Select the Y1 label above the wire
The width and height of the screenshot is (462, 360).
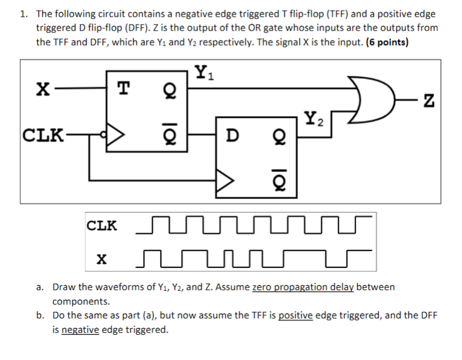point(204,73)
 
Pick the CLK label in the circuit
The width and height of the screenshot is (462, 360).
point(42,133)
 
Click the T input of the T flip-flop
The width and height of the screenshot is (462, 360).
point(123,89)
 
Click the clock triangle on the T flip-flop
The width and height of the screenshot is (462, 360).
point(116,133)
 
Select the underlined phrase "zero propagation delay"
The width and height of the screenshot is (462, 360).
point(303,287)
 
